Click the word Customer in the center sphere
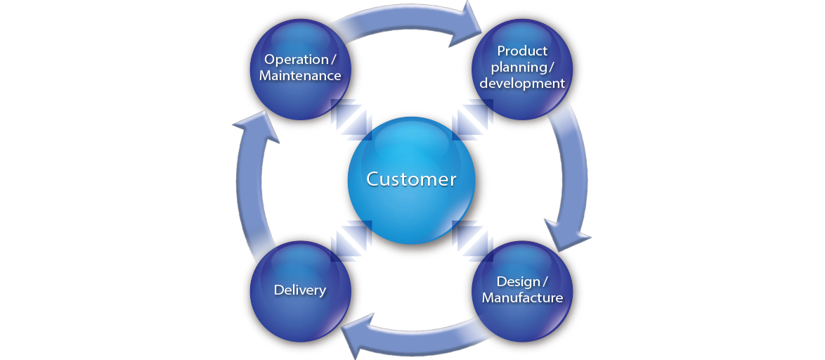click(x=411, y=179)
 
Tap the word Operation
click(x=296, y=59)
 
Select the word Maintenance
click(x=300, y=75)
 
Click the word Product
click(x=521, y=51)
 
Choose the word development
click(x=521, y=83)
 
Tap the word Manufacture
click(x=522, y=297)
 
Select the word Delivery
click(x=300, y=290)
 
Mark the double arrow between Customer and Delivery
click(x=351, y=239)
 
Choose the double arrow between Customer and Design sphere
click(x=472, y=239)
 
